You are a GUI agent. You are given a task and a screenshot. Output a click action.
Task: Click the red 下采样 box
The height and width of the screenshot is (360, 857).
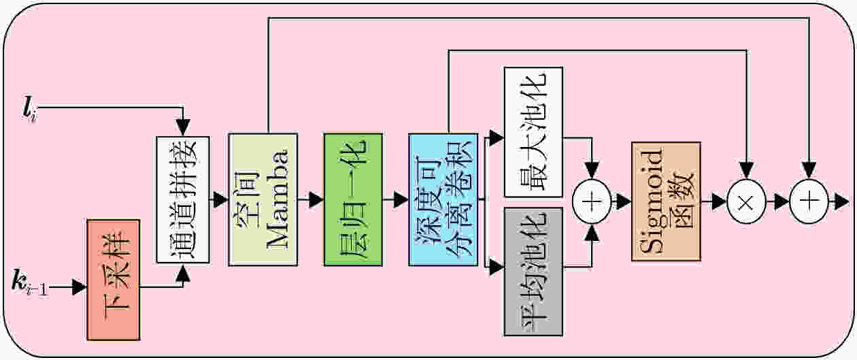click(x=113, y=280)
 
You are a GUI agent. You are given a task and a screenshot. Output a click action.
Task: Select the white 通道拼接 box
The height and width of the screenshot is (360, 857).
click(x=183, y=199)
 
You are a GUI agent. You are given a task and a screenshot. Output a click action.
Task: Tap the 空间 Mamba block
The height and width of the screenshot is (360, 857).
click(x=263, y=199)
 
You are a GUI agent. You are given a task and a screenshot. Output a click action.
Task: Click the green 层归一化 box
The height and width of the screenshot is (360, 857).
click(x=353, y=199)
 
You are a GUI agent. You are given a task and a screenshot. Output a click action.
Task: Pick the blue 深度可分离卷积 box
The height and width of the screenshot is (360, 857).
click(x=443, y=199)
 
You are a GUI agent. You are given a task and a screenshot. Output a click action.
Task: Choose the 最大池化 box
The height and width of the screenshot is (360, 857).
click(x=533, y=132)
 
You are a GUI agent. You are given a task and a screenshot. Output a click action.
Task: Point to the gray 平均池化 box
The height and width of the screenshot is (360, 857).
click(x=533, y=272)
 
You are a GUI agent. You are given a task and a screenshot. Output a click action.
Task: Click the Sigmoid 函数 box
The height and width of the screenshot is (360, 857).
click(x=666, y=201)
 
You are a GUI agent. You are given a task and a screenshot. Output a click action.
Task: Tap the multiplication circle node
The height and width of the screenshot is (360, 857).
click(x=746, y=201)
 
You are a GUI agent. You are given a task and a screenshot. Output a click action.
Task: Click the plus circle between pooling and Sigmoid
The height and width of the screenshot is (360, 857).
click(x=592, y=201)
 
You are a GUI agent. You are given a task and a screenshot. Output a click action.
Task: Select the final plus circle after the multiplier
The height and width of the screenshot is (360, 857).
click(x=809, y=201)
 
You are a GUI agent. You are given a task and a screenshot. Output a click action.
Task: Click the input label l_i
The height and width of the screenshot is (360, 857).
click(x=29, y=110)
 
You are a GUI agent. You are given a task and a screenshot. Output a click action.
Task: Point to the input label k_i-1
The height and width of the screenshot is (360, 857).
click(x=30, y=283)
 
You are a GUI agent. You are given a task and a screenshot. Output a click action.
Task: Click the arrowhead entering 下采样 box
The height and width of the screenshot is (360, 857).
click(x=80, y=287)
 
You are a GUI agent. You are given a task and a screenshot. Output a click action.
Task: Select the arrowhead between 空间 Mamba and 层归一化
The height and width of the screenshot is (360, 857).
click(x=316, y=199)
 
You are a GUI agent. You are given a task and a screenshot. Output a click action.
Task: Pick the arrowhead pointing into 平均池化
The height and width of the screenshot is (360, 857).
click(x=497, y=267)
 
